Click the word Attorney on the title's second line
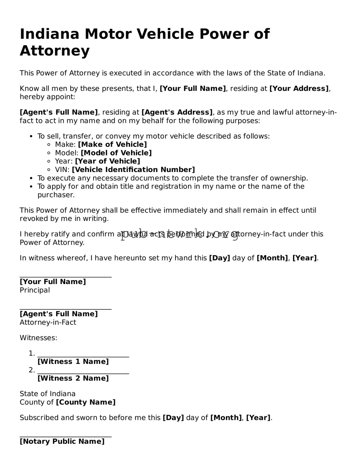coord(55,51)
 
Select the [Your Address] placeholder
coord(299,89)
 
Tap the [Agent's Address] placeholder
coord(177,112)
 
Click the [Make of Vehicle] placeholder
coord(112,144)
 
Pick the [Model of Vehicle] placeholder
coord(116,153)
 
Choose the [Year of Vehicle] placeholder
coord(107,161)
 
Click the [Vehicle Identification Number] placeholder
coord(133,170)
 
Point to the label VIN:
coord(62,170)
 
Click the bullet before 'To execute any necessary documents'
coord(31,179)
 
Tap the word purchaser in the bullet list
coord(56,195)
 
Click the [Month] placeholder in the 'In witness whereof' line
coord(272,258)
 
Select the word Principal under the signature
coord(35,290)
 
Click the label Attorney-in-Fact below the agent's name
coord(48,323)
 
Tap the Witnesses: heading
coord(38,338)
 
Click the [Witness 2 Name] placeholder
coord(73,378)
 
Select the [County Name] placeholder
coord(86,402)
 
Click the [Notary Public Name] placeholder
coord(62,441)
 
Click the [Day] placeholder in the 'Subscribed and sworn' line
coord(173,418)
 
